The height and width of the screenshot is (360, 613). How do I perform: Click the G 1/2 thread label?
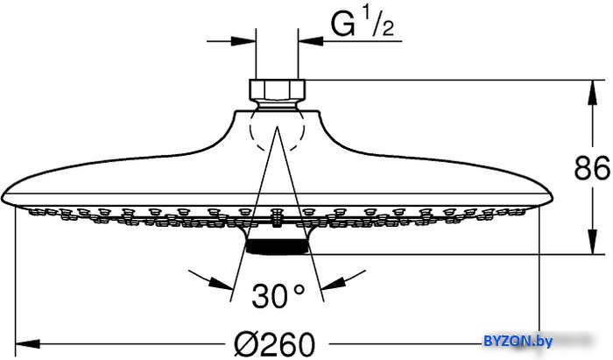[x=362, y=25]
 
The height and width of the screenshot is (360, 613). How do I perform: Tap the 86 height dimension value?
[x=592, y=167]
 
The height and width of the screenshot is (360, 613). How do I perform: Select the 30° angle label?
[x=278, y=296]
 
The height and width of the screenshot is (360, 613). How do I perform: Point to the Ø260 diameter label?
[x=274, y=344]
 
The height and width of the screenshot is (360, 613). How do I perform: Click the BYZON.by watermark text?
[x=518, y=342]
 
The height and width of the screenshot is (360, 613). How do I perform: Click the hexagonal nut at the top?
[x=278, y=90]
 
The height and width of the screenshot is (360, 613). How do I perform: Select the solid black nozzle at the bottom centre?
[x=278, y=246]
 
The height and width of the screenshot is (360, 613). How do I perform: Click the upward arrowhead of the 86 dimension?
[x=593, y=93]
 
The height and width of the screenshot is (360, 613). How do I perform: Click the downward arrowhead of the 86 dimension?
[x=593, y=242]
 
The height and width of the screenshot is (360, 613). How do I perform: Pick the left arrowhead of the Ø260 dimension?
[x=27, y=344]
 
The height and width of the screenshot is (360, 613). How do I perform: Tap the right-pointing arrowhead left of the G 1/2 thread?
[x=243, y=41]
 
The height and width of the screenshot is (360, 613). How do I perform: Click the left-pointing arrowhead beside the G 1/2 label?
[x=310, y=41]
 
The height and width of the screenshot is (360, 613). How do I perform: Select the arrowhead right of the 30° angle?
[x=333, y=284]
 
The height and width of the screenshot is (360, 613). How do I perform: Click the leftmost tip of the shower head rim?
[x=2, y=196]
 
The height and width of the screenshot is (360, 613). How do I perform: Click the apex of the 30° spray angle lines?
[x=278, y=127]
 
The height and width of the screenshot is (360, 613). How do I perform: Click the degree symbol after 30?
[x=299, y=290]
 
